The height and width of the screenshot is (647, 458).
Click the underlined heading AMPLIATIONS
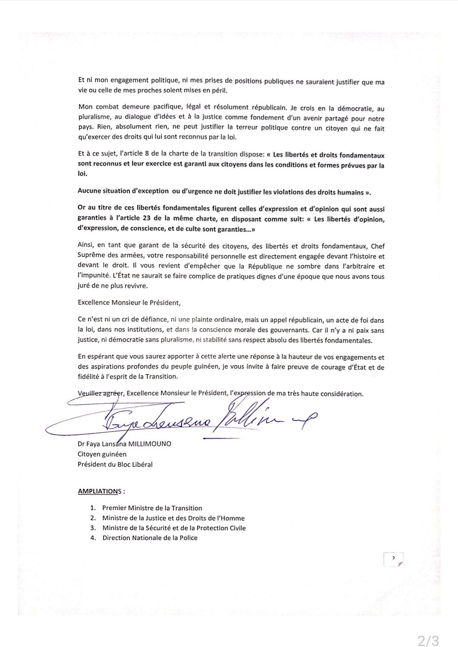click(x=99, y=491)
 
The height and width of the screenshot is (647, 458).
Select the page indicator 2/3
click(x=427, y=640)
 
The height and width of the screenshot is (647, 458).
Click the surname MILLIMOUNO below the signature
click(x=150, y=444)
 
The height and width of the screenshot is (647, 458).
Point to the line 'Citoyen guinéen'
click(x=102, y=454)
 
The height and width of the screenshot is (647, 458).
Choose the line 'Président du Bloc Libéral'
click(x=115, y=464)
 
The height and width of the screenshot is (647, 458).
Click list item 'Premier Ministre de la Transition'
click(x=152, y=508)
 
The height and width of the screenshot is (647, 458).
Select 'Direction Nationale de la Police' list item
click(x=150, y=538)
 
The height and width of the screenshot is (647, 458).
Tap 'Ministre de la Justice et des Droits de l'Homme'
click(x=173, y=518)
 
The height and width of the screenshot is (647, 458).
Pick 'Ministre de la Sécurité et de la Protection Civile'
click(x=174, y=528)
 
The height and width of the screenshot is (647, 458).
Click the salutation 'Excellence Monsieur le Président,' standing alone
click(x=129, y=303)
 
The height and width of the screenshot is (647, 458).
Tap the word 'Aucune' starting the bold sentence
click(x=89, y=191)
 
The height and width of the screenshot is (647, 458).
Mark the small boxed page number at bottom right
click(x=393, y=559)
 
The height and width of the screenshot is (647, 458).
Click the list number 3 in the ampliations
click(x=93, y=528)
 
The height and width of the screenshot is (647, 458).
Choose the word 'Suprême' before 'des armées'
click(x=90, y=256)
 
